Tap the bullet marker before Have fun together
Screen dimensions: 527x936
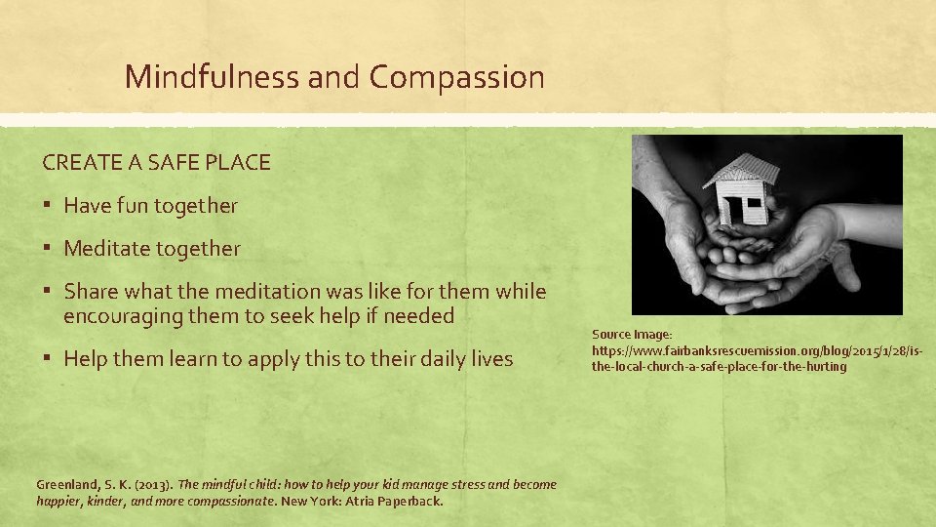[47, 207]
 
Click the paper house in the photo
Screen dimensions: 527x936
[742, 190]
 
